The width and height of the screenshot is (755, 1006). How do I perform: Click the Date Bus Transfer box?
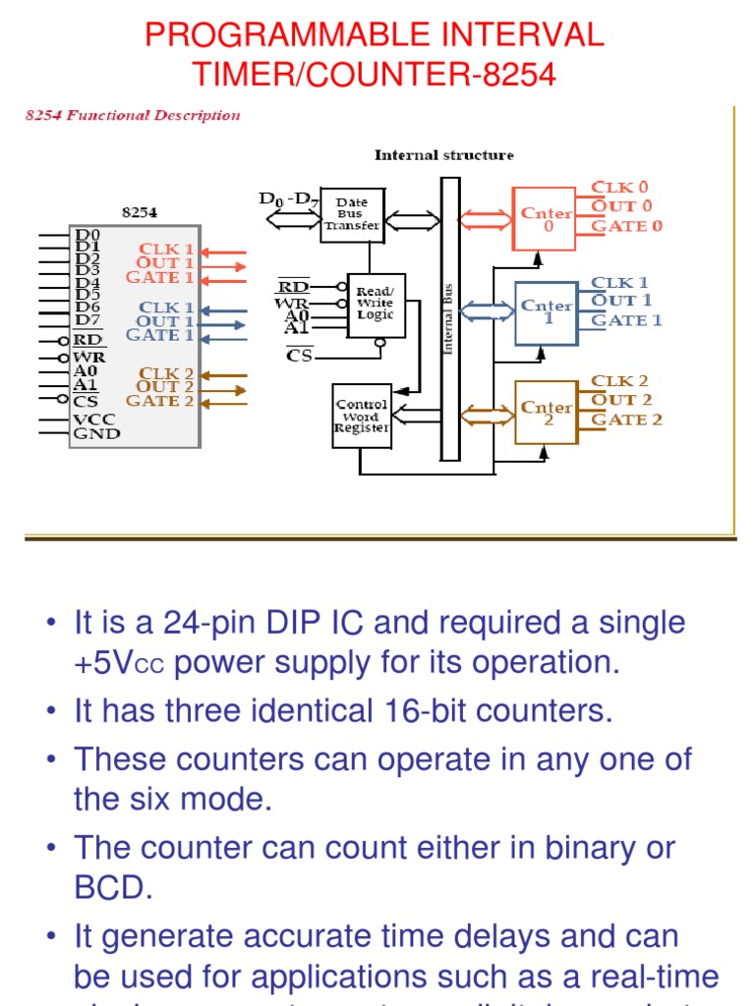pyautogui.click(x=352, y=214)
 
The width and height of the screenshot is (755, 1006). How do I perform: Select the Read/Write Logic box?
pyautogui.click(x=376, y=305)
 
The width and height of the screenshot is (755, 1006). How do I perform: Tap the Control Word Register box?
pyautogui.click(x=362, y=416)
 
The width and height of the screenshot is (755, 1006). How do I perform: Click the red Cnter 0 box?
pyautogui.click(x=545, y=218)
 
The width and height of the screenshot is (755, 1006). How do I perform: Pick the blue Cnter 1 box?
pyautogui.click(x=546, y=312)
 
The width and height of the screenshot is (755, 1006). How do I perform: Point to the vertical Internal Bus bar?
pyautogui.click(x=449, y=318)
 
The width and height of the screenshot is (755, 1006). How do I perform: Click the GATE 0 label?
pyautogui.click(x=626, y=226)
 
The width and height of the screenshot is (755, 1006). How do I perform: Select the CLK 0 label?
pyautogui.click(x=619, y=187)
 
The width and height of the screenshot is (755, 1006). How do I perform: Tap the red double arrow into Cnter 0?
pyautogui.click(x=487, y=218)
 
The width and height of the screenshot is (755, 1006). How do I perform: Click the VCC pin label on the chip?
pyautogui.click(x=96, y=419)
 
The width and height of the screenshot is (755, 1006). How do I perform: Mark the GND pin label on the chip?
pyautogui.click(x=97, y=433)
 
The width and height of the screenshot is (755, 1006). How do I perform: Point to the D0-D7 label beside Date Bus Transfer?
pyautogui.click(x=288, y=199)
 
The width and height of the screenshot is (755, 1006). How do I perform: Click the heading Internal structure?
pyautogui.click(x=443, y=155)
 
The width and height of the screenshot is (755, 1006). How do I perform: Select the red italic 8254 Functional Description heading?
pyautogui.click(x=132, y=115)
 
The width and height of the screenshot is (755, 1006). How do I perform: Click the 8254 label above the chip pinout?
pyautogui.click(x=139, y=211)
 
